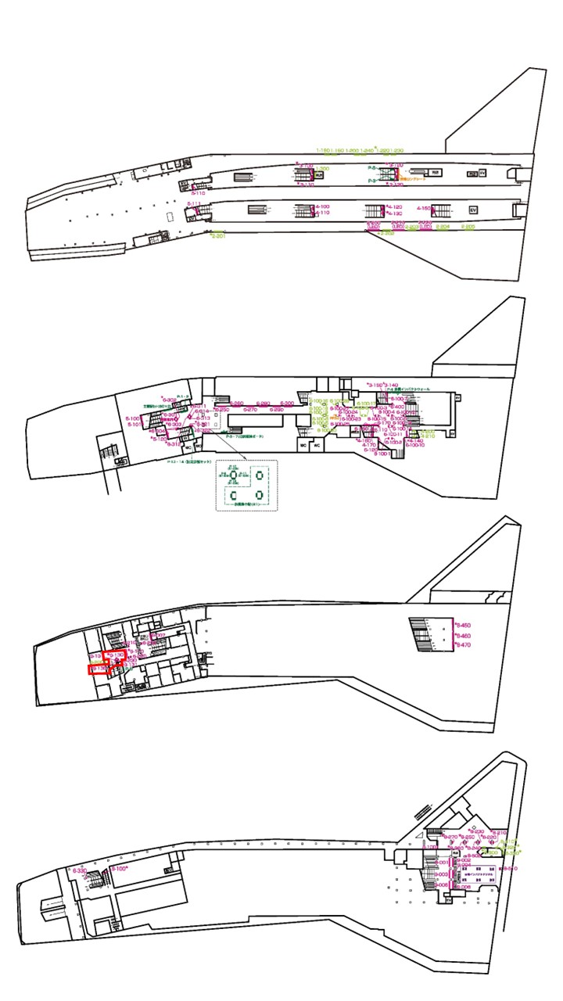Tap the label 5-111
pos(194,204)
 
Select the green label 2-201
pos(218,235)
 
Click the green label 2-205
pos(468,227)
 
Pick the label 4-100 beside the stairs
pos(321,206)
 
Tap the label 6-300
pos(287,404)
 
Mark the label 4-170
pos(370,445)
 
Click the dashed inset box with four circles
pos(246,485)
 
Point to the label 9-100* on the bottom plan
pos(119,869)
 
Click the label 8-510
pos(509,869)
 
